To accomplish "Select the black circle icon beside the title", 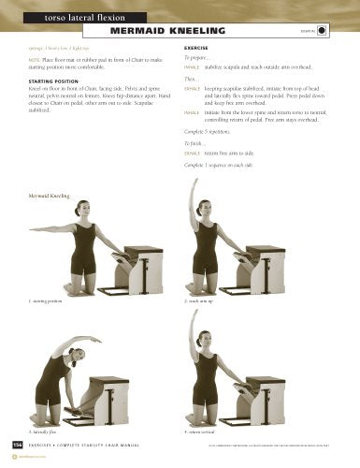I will click(x=323, y=30).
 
